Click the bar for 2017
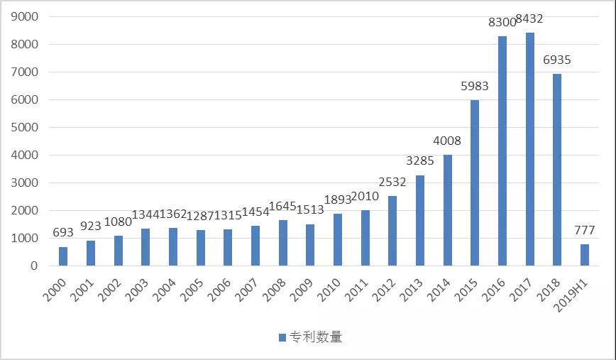pyautogui.click(x=530, y=149)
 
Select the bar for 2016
pyautogui.click(x=502, y=151)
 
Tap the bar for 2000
pyautogui.click(x=63, y=256)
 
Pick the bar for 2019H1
pyautogui.click(x=585, y=255)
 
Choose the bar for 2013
pyautogui.click(x=420, y=220)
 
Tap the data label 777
pyautogui.click(x=584, y=230)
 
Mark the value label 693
pyautogui.click(x=62, y=233)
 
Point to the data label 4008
pyautogui.click(x=447, y=141)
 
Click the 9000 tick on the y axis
pyautogui.click(x=24, y=16)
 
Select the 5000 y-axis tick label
pyautogui.click(x=24, y=127)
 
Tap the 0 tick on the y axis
pyautogui.click(x=34, y=266)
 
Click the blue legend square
pyautogui.click(x=282, y=337)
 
